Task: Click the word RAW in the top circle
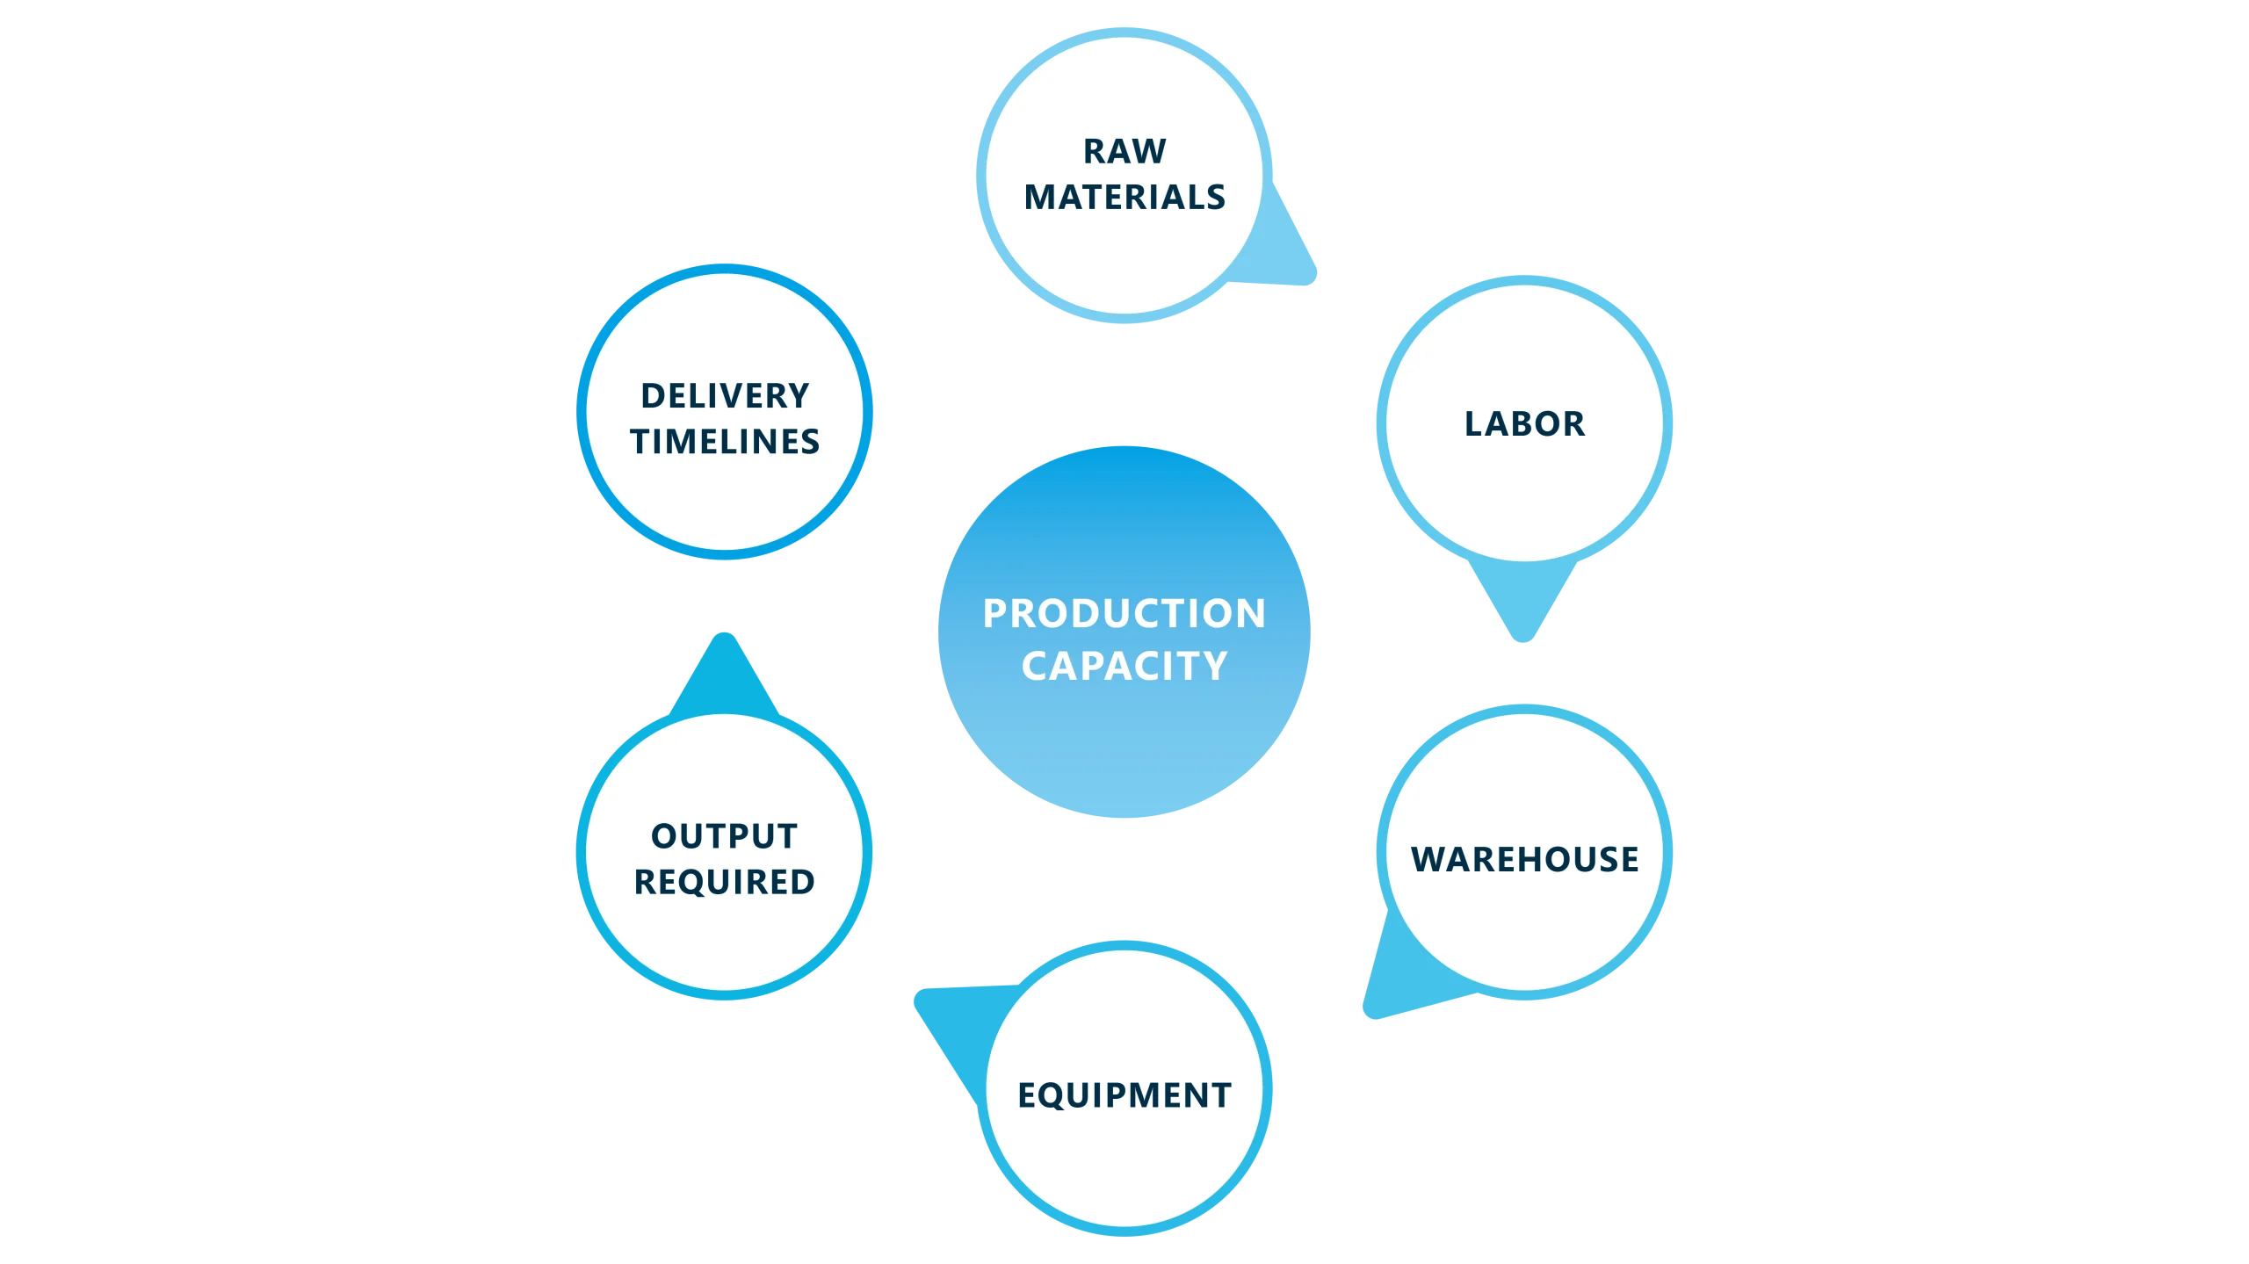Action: click(x=1124, y=152)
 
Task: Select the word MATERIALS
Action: click(x=1124, y=198)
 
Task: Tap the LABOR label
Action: click(x=1524, y=424)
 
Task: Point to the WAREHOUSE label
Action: click(x=1524, y=859)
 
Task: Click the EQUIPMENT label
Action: click(x=1124, y=1095)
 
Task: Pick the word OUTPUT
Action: click(x=724, y=836)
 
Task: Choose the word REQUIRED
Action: click(x=724, y=882)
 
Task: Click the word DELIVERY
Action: click(x=725, y=396)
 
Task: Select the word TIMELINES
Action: click(x=725, y=442)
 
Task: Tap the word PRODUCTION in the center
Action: click(x=1124, y=613)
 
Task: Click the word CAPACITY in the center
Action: click(x=1124, y=666)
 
